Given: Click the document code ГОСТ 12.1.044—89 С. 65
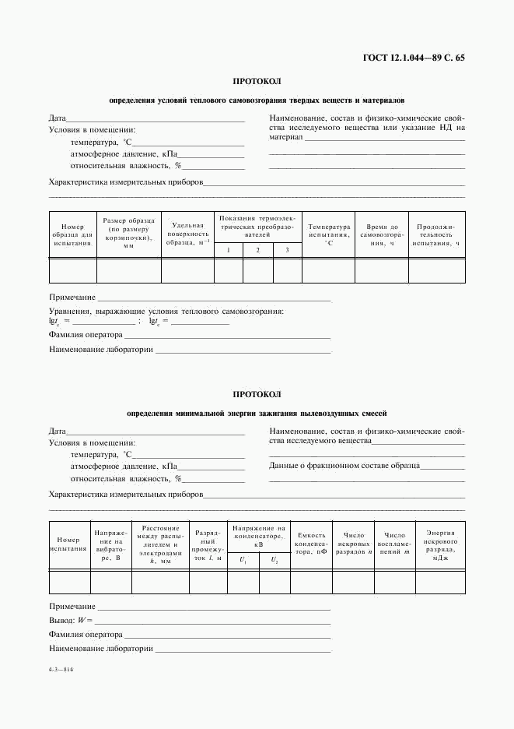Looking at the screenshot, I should tap(414, 57).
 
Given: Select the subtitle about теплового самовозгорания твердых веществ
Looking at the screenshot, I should tap(257, 100).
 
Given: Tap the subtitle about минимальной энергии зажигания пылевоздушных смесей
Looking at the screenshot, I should tap(257, 414).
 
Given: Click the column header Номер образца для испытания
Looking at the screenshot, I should tap(72, 235).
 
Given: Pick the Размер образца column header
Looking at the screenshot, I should tap(128, 232).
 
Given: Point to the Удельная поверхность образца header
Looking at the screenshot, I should tap(187, 233).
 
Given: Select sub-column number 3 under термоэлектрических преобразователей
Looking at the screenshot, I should tap(287, 250).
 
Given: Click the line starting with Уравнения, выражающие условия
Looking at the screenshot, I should tap(166, 312).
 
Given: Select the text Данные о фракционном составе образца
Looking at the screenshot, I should tap(344, 466).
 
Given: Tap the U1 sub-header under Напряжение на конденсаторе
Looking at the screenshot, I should tap(243, 560).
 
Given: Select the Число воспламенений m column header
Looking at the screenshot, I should tap(394, 543).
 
